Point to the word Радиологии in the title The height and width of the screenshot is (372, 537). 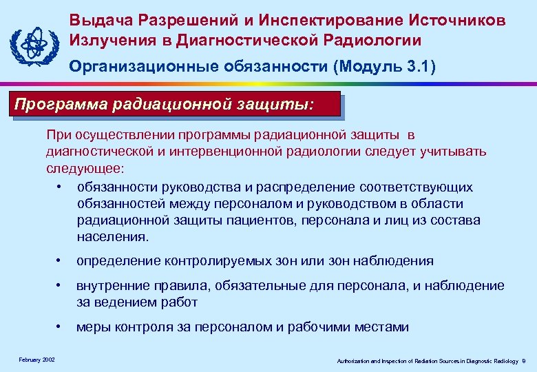(362, 40)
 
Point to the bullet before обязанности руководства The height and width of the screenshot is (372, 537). (61, 187)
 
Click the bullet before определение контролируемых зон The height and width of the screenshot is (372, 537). (61, 260)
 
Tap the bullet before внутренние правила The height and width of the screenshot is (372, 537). (61, 285)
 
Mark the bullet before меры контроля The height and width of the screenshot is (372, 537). (61, 327)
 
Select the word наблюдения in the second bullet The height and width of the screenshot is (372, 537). (398, 260)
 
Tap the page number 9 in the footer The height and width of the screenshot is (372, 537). (524, 360)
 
